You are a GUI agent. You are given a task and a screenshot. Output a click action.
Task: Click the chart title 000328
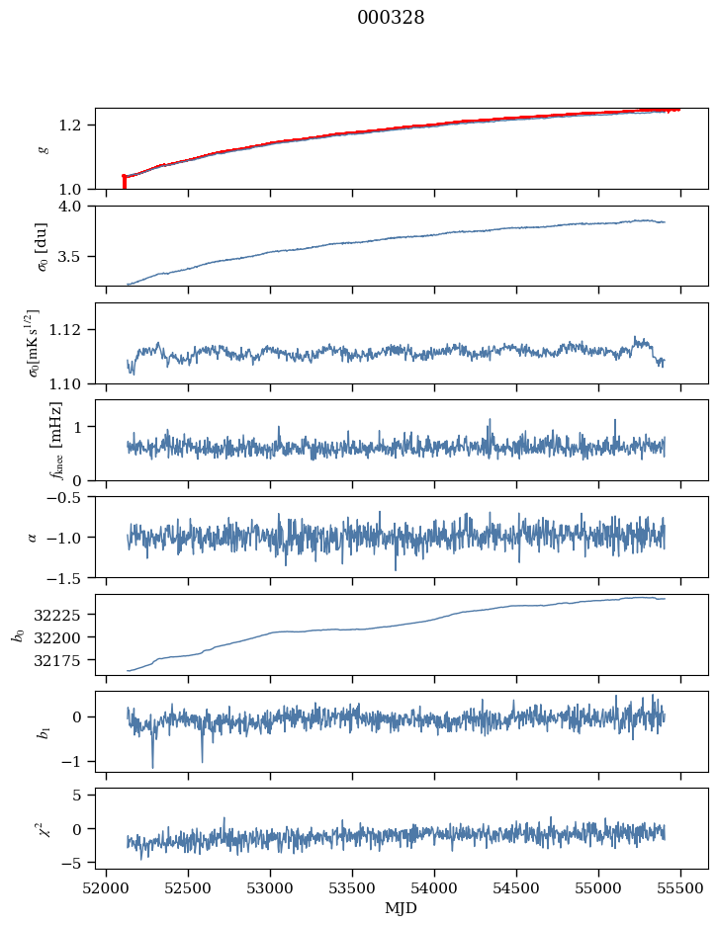click(x=391, y=18)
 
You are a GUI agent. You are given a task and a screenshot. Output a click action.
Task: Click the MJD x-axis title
click(x=402, y=908)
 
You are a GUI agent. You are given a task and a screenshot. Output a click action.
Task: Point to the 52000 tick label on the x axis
click(x=106, y=887)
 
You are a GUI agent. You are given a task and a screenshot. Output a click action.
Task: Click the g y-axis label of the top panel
click(x=43, y=148)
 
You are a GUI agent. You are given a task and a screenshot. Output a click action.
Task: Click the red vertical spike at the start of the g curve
click(x=124, y=182)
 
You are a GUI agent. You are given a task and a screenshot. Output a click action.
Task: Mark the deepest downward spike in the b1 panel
click(x=152, y=766)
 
